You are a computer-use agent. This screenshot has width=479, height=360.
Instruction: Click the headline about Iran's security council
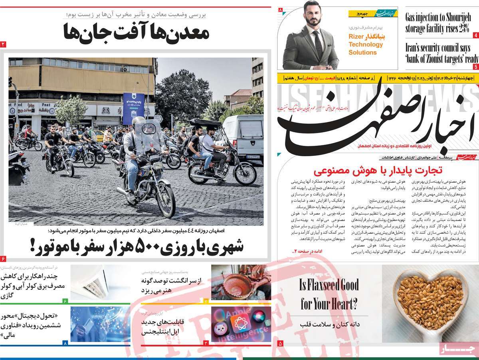tap(441, 53)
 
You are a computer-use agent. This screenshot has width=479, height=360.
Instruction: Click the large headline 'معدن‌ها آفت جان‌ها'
tap(136, 32)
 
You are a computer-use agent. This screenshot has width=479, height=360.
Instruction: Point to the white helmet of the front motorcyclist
tap(138, 122)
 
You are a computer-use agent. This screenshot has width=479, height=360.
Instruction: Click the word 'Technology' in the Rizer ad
tap(366, 44)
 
